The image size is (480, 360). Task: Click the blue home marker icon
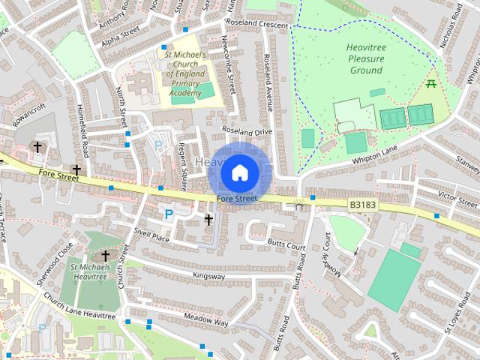point(238,173)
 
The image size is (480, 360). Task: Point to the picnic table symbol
point(431,84)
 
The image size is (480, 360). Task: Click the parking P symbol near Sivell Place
point(169,214)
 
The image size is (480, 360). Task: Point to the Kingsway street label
point(208,275)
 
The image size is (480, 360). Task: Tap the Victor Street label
point(458,199)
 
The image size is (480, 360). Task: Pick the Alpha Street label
point(121,36)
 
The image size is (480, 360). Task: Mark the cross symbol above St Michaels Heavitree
point(105,256)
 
